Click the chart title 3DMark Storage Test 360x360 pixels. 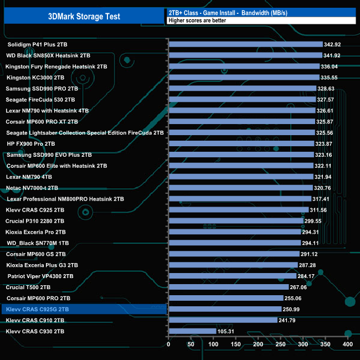[x=84, y=16]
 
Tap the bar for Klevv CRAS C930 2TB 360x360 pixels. [x=192, y=331]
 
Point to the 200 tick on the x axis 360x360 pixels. [x=258, y=344]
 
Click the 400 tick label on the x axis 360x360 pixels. [x=348, y=344]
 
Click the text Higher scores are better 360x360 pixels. [x=194, y=20]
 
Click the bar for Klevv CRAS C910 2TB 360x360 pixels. [x=222, y=320]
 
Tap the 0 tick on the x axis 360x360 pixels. [x=168, y=344]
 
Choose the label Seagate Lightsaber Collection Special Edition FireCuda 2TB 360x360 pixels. [x=85, y=132]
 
